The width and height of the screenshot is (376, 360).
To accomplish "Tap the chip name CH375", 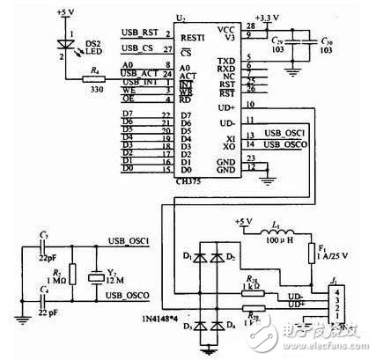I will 188,182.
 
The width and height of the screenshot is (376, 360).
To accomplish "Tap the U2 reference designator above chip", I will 181,16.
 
